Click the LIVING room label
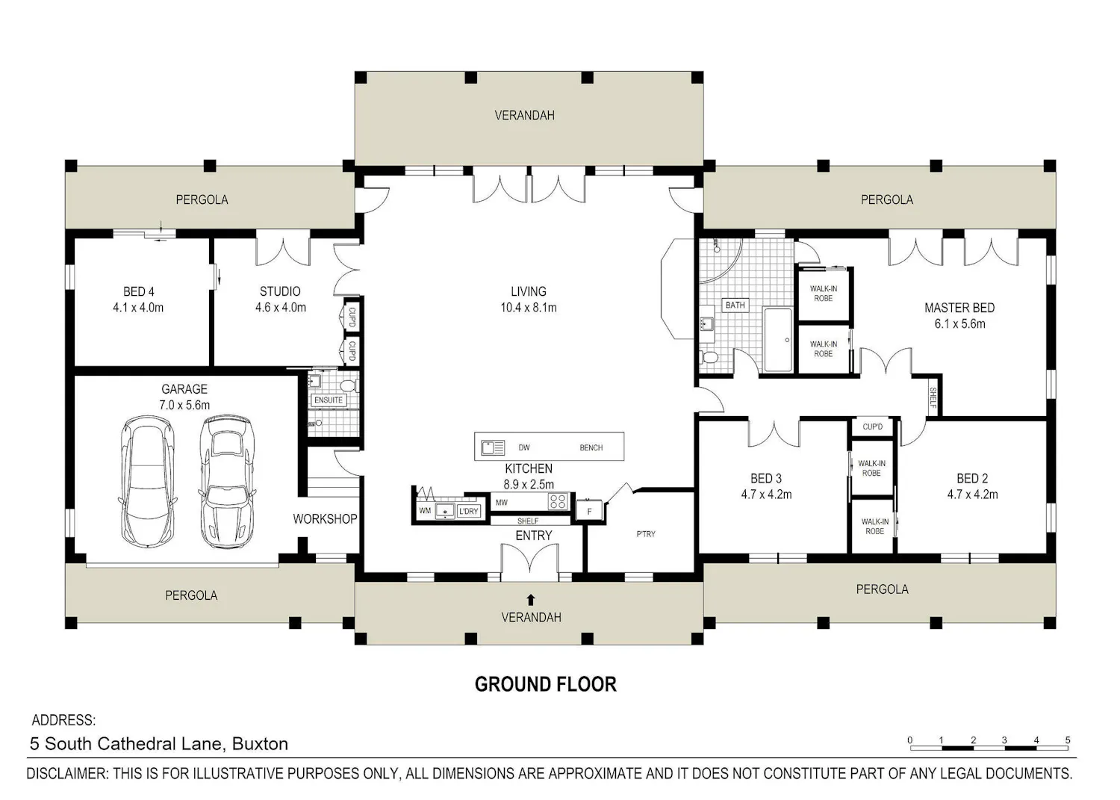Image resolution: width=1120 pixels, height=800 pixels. pos(529,291)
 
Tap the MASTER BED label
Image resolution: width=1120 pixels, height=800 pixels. pos(959,308)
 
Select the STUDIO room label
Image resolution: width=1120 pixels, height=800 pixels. pos(280,291)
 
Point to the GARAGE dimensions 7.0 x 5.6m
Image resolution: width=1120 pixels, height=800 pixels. pos(184,405)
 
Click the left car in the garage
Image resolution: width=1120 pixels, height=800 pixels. pos(148,481)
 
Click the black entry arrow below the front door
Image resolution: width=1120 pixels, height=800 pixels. pos(531,599)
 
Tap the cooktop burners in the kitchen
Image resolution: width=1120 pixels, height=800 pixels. pos(558,501)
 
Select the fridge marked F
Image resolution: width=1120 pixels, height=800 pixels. pos(589,511)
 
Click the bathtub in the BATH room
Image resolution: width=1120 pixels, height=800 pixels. pos(778,340)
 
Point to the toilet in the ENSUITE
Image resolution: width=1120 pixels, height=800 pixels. pos(348,385)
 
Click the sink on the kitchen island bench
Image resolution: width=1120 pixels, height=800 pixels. pos(493,447)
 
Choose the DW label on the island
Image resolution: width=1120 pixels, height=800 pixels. pos(524,447)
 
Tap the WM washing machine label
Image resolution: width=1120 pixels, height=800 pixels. pos(425,511)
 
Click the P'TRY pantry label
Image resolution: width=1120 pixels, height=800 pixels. pos(646,534)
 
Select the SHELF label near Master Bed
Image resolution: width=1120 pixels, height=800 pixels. pos(933,397)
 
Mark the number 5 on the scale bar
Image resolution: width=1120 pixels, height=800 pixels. pos(1068,740)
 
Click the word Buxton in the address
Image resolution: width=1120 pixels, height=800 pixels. pos(260,743)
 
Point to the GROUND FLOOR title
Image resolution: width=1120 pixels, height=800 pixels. pos(546,684)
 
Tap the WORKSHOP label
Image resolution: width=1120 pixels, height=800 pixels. pos(325,519)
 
